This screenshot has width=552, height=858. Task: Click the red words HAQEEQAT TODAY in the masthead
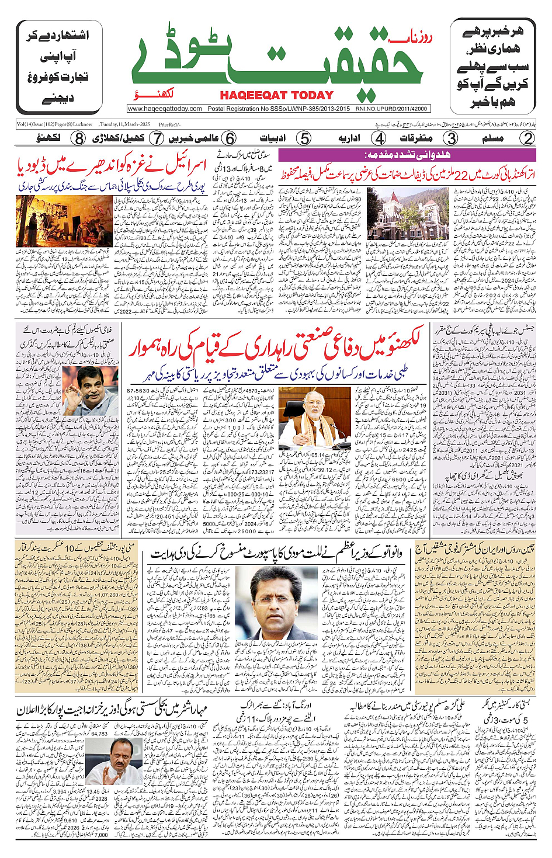pos(276,95)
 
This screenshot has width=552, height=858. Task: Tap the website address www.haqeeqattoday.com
pos(164,109)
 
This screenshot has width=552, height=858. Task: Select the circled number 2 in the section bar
pos(528,138)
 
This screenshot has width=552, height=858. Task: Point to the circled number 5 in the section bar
pos(304,138)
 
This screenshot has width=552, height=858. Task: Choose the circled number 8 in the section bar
pos(79,138)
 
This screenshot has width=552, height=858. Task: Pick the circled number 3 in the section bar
pos(451,138)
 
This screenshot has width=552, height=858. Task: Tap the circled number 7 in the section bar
pos(156,138)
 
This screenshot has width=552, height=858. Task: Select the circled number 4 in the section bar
pos(379,138)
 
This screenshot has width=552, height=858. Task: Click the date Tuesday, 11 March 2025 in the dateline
pos(124,124)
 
